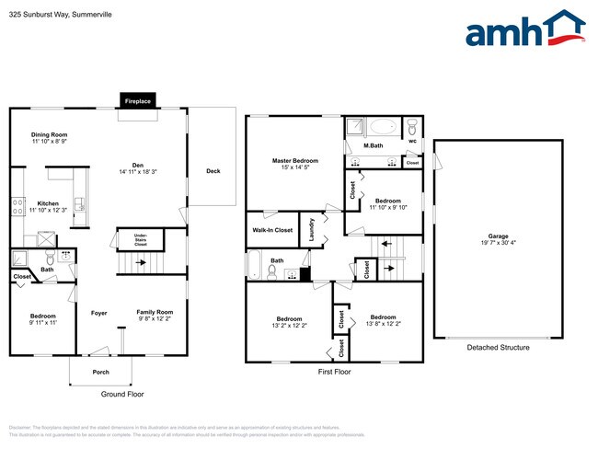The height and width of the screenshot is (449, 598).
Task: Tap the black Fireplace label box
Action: tap(138, 101)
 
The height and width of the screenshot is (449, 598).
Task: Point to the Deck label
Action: tap(213, 171)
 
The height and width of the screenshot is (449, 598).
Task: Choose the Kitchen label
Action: tap(48, 203)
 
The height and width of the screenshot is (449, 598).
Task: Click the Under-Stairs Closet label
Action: tap(141, 242)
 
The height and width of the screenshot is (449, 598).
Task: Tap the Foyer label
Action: tap(99, 313)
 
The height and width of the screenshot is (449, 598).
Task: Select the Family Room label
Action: tap(155, 312)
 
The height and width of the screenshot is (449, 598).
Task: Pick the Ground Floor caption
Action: tap(122, 394)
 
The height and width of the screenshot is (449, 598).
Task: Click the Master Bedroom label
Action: tap(295, 161)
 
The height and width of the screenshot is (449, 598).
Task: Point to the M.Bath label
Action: tap(373, 145)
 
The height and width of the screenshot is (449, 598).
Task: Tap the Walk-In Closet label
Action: tap(272, 230)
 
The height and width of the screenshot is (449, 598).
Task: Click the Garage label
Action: tap(497, 236)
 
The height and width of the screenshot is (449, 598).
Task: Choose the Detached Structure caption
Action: tap(498, 348)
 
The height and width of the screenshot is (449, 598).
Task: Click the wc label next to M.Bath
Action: tap(412, 142)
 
